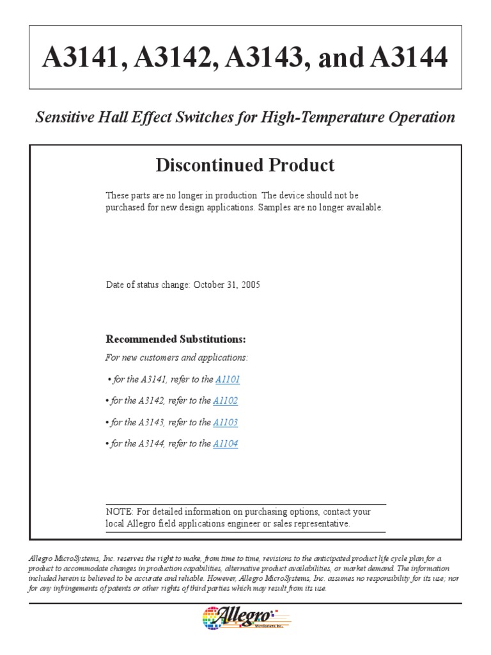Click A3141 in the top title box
tap(79, 58)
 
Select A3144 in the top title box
tap(409, 58)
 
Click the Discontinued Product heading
tap(245, 165)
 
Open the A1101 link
tap(228, 379)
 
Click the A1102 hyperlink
tap(226, 401)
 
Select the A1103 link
tap(226, 422)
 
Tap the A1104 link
tap(226, 444)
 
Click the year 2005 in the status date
tap(250, 285)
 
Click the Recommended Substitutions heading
tap(176, 339)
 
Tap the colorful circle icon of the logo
tap(211, 619)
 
